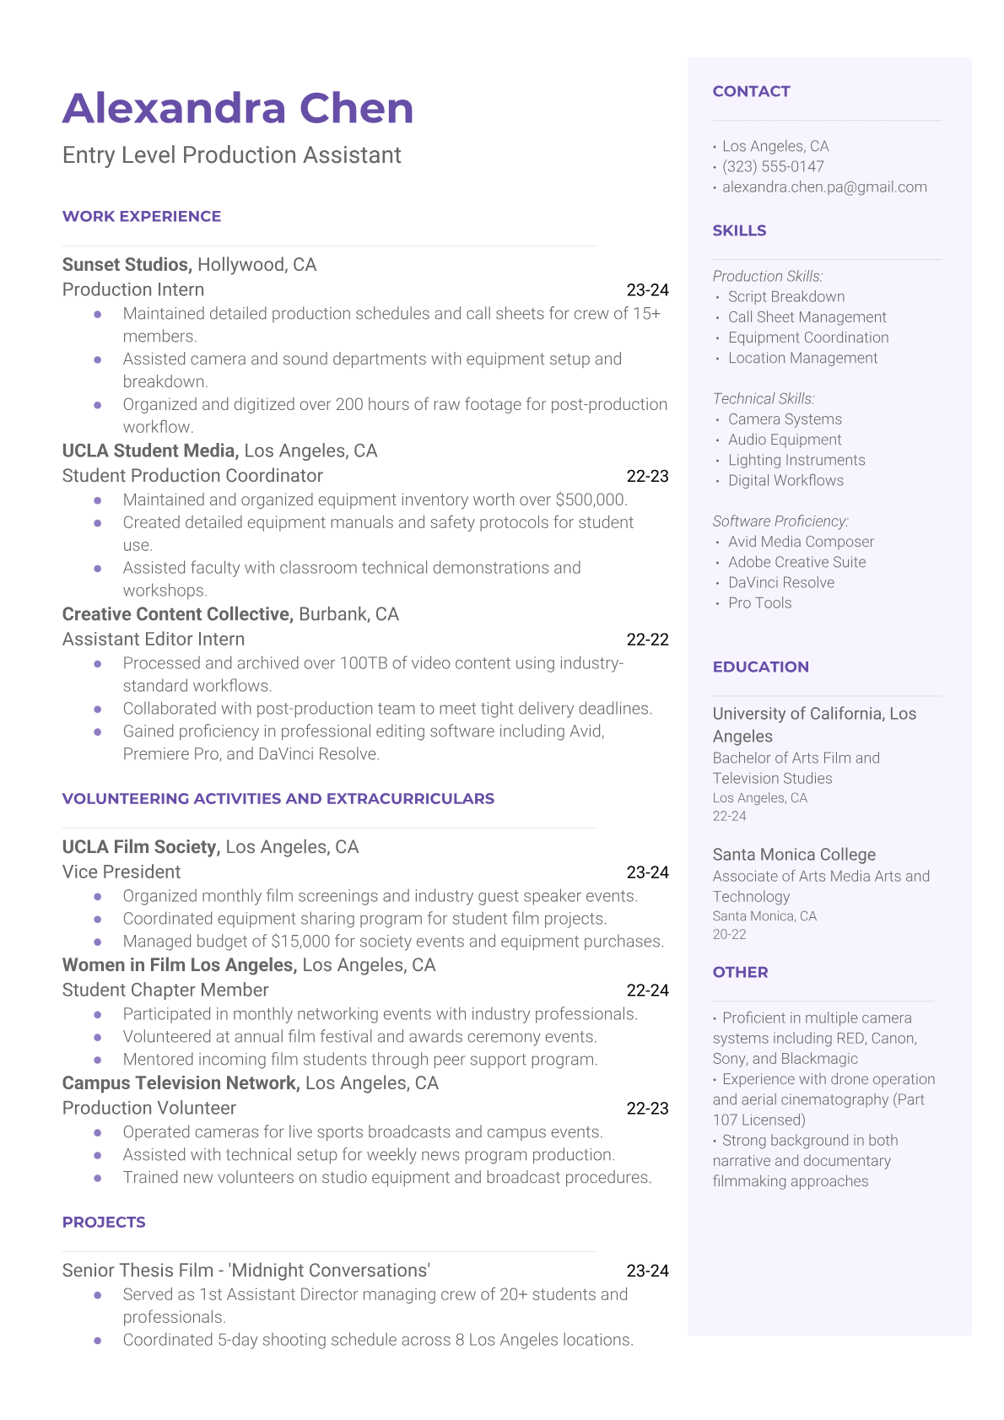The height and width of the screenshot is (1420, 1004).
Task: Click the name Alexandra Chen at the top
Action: [238, 109]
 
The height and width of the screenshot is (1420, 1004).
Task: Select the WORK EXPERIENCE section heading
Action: [142, 217]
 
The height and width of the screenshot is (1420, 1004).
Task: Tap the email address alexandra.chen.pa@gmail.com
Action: [824, 187]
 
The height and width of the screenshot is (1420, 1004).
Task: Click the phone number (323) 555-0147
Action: [773, 167]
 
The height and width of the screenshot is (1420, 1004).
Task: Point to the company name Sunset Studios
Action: [127, 265]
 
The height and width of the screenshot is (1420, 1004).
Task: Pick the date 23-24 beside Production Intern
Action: [647, 290]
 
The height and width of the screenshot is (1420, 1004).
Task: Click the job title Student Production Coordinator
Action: [192, 476]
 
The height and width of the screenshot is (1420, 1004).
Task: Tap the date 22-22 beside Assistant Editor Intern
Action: [647, 640]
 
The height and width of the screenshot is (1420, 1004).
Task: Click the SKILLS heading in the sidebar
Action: [739, 231]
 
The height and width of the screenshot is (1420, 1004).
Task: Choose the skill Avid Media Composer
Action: [801, 542]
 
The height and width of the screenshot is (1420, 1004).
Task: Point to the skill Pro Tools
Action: [759, 603]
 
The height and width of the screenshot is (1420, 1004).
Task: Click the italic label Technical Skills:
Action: [764, 399]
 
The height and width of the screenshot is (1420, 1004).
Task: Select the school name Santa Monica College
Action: [794, 855]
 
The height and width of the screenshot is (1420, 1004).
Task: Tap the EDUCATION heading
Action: [760, 667]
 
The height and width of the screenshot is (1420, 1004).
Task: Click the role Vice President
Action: [121, 872]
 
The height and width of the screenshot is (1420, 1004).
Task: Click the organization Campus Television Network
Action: [181, 1083]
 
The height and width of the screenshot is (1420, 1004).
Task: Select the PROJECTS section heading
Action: [104, 1223]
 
